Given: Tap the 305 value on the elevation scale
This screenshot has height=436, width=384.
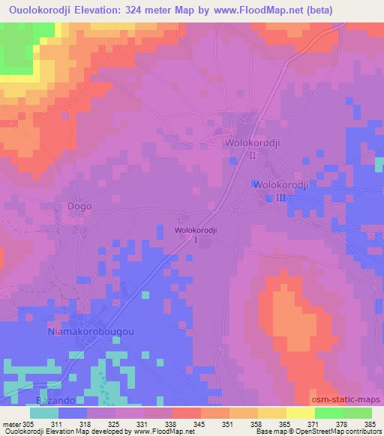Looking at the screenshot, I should [x=28, y=424].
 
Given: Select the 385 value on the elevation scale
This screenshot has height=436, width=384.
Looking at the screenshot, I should [x=369, y=424].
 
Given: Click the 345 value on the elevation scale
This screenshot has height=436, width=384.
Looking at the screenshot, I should [x=199, y=424].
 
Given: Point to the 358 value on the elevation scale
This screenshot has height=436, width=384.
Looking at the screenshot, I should [x=257, y=424].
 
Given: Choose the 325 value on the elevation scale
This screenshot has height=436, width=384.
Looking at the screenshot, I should [x=113, y=424].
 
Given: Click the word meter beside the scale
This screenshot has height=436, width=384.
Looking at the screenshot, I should [x=10, y=424].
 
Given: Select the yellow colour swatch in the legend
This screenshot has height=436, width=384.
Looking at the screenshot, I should [x=300, y=413].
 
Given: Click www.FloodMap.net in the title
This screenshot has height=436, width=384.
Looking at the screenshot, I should [x=253, y=10].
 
